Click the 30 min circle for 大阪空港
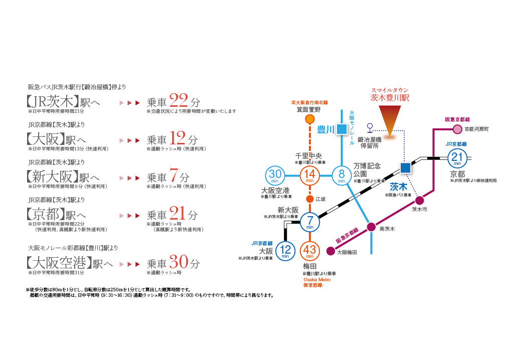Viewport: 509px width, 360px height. [275, 175]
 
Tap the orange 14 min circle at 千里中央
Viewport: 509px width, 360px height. [309, 175]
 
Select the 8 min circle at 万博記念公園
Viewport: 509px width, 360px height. [342, 175]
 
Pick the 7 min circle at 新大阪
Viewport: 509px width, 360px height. [309, 222]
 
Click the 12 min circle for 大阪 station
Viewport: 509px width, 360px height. [286, 250]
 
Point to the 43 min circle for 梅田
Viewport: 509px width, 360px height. [309, 250]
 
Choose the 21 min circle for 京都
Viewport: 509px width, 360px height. [457, 158]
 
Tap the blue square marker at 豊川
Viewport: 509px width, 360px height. [342, 129]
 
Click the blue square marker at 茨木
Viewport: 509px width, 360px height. [405, 167]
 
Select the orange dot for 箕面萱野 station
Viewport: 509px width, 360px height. [310, 119]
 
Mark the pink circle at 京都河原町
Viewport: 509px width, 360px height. [457, 129]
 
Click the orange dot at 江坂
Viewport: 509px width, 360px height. [309, 199]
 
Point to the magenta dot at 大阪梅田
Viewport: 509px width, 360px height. [330, 251]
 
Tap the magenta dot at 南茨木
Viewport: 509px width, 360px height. [371, 227]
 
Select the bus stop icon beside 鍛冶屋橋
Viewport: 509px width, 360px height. [370, 127]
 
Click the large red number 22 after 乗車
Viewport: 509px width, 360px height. [179, 101]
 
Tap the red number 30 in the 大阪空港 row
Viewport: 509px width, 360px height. [179, 262]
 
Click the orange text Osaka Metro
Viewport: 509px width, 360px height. [316, 279]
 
